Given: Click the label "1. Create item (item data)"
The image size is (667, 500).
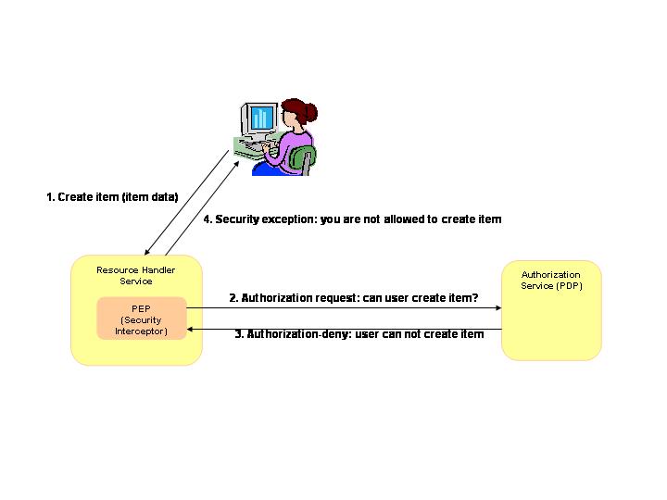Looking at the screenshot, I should [112, 197].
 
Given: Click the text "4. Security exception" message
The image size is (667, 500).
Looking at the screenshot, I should [352, 219].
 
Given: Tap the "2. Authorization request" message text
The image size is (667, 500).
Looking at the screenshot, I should [353, 298].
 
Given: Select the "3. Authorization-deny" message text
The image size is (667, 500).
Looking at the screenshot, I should [359, 333].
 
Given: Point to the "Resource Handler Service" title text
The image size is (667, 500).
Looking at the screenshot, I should [136, 275].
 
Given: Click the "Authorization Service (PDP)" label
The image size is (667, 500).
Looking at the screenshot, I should [551, 280].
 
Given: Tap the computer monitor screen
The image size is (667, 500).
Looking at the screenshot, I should [261, 119].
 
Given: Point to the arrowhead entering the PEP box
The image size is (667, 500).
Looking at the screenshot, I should [190, 329].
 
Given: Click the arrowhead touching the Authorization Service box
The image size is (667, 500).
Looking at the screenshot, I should [497, 309].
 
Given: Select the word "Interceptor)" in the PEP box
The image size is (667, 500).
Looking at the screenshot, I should [141, 331].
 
